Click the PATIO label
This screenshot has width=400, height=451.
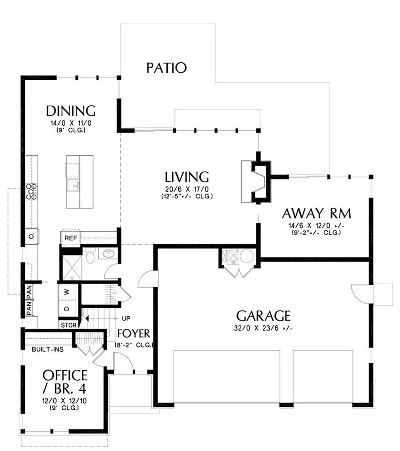pyautogui.click(x=166, y=68)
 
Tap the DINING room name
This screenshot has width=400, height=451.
pyautogui.click(x=71, y=111)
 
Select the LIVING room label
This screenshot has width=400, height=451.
pyautogui.click(x=187, y=177)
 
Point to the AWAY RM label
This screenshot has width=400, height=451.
pyautogui.click(x=316, y=214)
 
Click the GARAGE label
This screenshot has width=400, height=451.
pyautogui.click(x=263, y=316)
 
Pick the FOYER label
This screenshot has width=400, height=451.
pyautogui.click(x=134, y=334)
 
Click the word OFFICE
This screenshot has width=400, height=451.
pyautogui.click(x=65, y=376)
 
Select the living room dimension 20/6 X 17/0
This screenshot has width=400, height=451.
pyautogui.click(x=187, y=189)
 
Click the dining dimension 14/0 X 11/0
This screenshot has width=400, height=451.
pyautogui.click(x=71, y=123)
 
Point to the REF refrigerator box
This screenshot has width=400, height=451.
pyautogui.click(x=70, y=238)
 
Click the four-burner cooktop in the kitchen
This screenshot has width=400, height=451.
pyautogui.click(x=31, y=192)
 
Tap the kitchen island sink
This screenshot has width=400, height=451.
pyautogui.click(x=73, y=185)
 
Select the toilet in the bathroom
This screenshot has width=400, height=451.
pyautogui.click(x=90, y=256)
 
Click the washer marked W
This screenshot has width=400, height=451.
pyautogui.click(x=68, y=292)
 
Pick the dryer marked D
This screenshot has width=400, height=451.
pyautogui.click(x=68, y=309)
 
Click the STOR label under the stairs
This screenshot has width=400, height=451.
pyautogui.click(x=68, y=325)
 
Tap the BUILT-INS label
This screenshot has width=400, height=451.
pyautogui.click(x=48, y=349)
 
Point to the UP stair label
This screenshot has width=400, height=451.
pyautogui.click(x=126, y=319)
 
